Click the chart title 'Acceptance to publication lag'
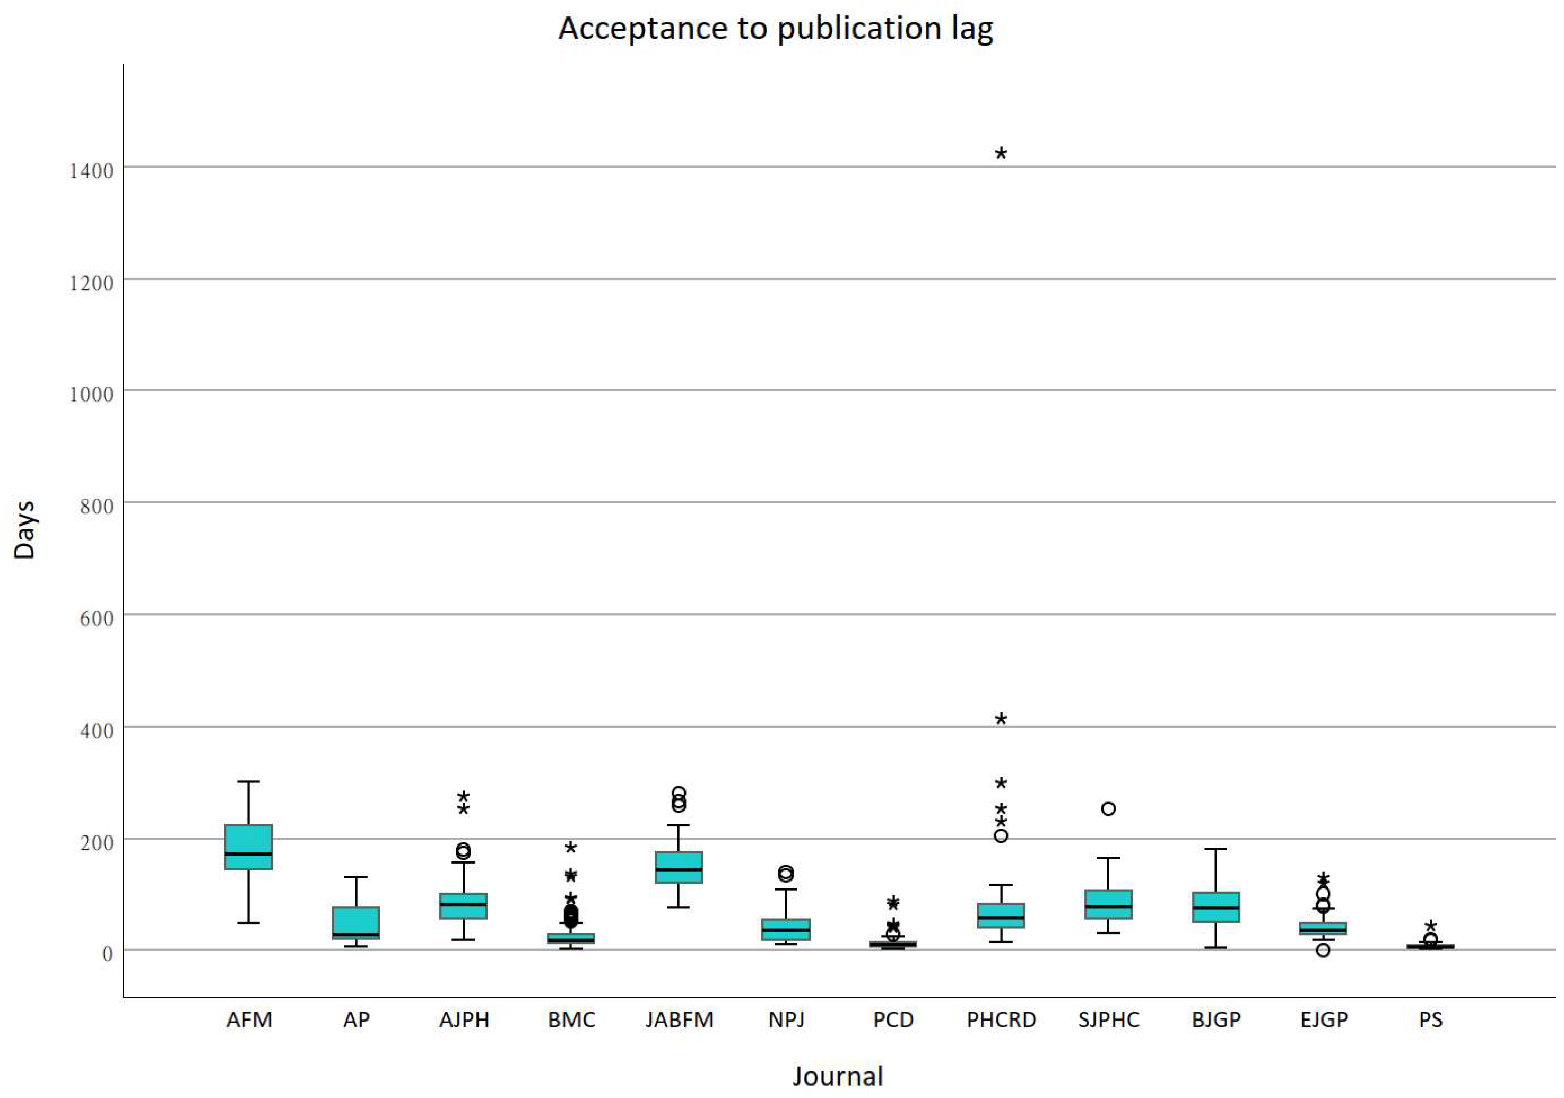(x=775, y=29)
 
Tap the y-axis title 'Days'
(x=24, y=530)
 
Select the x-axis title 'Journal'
(x=837, y=1076)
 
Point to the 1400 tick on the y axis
(x=91, y=171)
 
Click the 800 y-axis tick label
(x=91, y=507)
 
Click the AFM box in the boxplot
(x=249, y=847)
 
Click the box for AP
(x=355, y=922)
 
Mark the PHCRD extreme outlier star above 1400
(x=1001, y=154)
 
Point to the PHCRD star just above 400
(x=1001, y=719)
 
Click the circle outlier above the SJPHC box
(x=1108, y=809)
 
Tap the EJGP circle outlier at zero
(x=1323, y=950)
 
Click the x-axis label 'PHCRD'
(x=1001, y=1019)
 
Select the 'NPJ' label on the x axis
(x=786, y=1019)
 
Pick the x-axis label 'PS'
(x=1430, y=1019)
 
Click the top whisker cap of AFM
(x=249, y=781)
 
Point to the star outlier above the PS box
(x=1430, y=926)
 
